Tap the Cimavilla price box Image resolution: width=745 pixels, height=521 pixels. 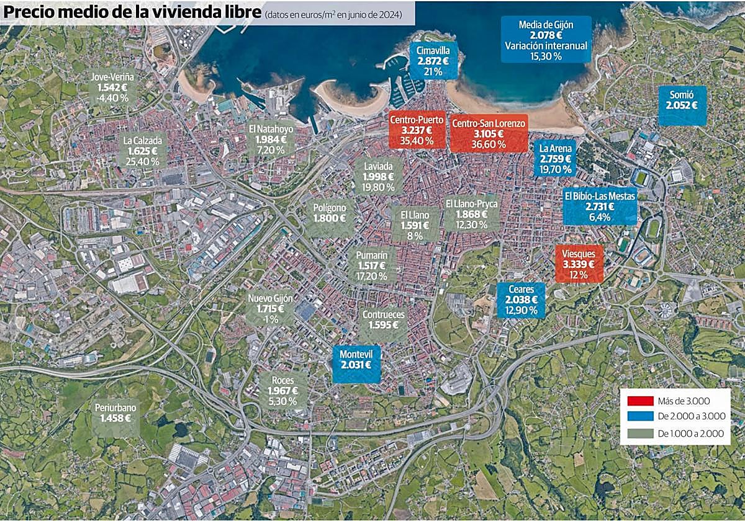(433, 60)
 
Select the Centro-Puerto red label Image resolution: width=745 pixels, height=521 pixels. (417, 130)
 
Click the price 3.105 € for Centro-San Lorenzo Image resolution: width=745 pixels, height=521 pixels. (489, 134)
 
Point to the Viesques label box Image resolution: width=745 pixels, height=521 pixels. (579, 264)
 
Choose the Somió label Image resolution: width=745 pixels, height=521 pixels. (682, 105)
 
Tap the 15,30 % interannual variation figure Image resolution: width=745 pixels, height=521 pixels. (546, 56)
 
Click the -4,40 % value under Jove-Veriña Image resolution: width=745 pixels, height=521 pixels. (112, 97)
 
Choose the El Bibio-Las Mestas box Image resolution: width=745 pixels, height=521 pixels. (600, 207)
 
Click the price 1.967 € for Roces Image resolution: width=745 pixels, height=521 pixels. (282, 391)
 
